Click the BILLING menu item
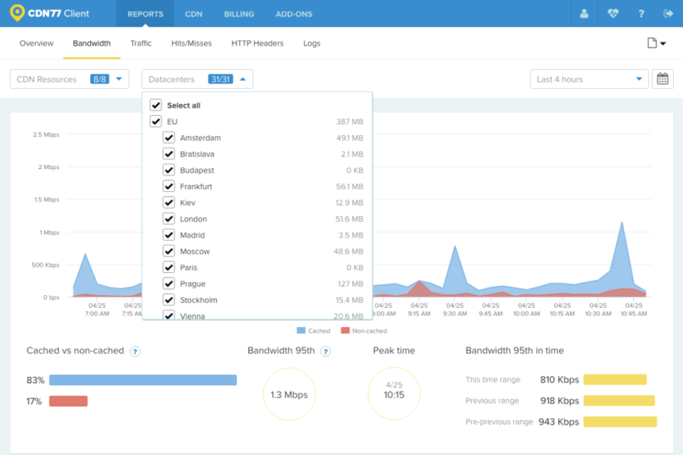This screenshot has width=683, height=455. (x=239, y=14)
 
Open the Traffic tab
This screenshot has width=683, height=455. (x=140, y=43)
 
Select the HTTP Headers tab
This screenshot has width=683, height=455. (x=257, y=43)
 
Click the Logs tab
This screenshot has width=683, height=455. (x=312, y=43)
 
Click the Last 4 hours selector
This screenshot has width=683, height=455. (x=589, y=79)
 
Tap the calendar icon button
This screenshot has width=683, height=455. (x=663, y=79)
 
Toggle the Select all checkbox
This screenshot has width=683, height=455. (x=156, y=105)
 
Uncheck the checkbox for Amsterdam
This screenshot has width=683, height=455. (x=169, y=138)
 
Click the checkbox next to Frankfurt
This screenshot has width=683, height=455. (x=169, y=187)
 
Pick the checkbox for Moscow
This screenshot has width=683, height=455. (x=169, y=251)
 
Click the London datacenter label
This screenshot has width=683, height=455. (x=194, y=219)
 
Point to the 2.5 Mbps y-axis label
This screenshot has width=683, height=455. (x=46, y=134)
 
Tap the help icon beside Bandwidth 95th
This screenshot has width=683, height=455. (x=326, y=351)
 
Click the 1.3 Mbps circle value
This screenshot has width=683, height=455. (x=289, y=394)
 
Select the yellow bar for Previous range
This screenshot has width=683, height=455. (x=618, y=400)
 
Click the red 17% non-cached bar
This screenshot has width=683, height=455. (x=68, y=401)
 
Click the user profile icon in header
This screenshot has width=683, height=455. (x=584, y=14)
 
